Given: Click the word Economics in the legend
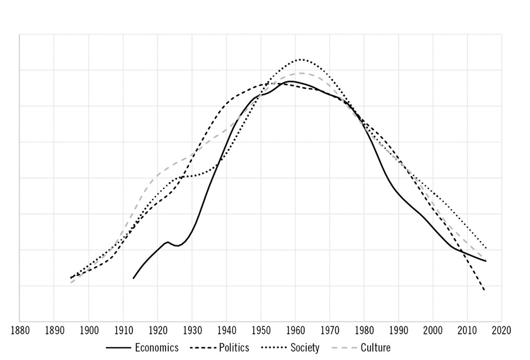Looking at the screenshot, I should (157, 348).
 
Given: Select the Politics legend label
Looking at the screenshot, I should (231, 348).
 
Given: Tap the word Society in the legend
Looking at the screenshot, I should (305, 348).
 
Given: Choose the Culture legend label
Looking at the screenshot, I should (375, 348).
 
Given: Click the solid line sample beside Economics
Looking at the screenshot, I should (118, 348).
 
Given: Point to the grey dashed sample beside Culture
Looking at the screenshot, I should (343, 348).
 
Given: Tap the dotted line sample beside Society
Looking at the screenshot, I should (273, 348).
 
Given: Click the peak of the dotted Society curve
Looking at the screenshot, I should (301, 59).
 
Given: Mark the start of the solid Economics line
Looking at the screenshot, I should (134, 278).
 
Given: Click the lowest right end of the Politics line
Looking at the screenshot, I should (484, 290).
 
